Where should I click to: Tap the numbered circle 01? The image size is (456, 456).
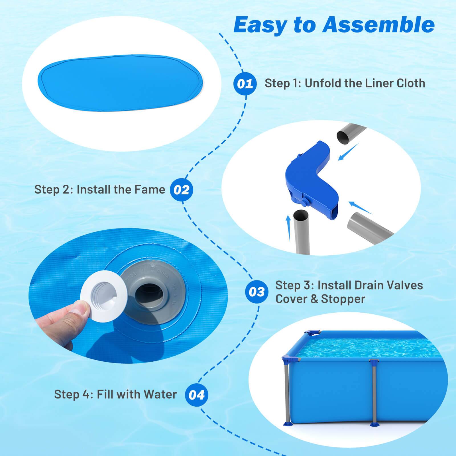(x=245, y=84)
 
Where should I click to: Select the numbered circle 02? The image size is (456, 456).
(x=181, y=190)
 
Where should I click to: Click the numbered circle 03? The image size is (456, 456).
(x=256, y=292)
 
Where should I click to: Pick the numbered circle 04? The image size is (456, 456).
(x=196, y=395)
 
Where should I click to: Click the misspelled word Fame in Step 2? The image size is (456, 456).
(x=152, y=190)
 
